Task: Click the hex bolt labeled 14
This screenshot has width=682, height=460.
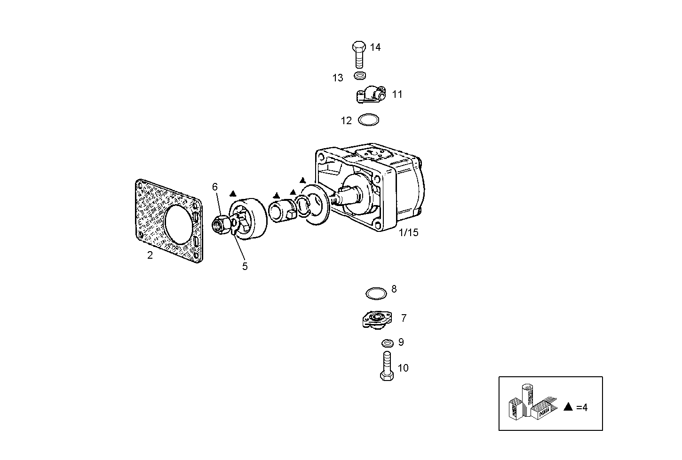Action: (359, 54)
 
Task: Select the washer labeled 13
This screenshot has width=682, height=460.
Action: (360, 75)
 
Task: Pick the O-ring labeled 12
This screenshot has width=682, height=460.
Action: (368, 120)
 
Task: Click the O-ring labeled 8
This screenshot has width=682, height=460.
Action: (376, 293)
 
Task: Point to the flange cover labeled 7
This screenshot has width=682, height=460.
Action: (375, 320)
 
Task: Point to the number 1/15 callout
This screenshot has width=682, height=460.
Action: (408, 232)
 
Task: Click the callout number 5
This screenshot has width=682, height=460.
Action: (245, 266)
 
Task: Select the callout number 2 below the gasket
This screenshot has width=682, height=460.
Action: (150, 255)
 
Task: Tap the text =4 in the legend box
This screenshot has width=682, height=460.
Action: (582, 407)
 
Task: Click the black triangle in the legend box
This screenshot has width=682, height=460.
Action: (568, 407)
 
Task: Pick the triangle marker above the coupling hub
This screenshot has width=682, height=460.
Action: (232, 194)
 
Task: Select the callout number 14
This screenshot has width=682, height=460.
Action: (375, 47)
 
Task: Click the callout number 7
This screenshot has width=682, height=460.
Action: (404, 318)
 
